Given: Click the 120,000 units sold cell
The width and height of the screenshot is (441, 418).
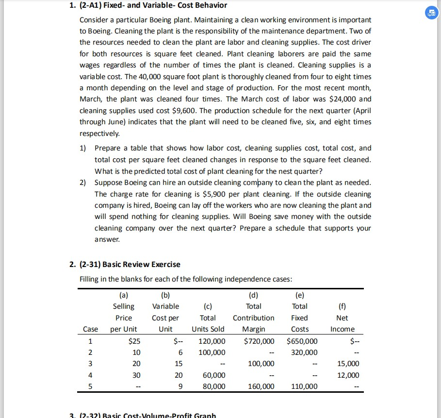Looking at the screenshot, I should pyautogui.click(x=212, y=341).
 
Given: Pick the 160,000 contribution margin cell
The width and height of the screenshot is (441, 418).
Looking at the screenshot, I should pyautogui.click(x=261, y=386).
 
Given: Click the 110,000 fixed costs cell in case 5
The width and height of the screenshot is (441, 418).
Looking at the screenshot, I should pyautogui.click(x=305, y=386).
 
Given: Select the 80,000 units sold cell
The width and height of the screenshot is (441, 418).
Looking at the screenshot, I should pyautogui.click(x=214, y=386).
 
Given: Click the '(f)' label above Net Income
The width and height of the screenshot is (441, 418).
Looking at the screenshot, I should pyautogui.click(x=342, y=306).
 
